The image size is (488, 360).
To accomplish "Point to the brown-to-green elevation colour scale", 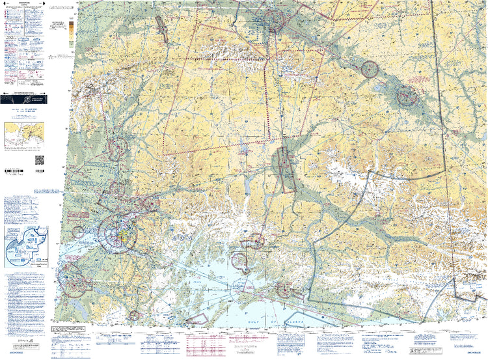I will coord(71,33).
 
